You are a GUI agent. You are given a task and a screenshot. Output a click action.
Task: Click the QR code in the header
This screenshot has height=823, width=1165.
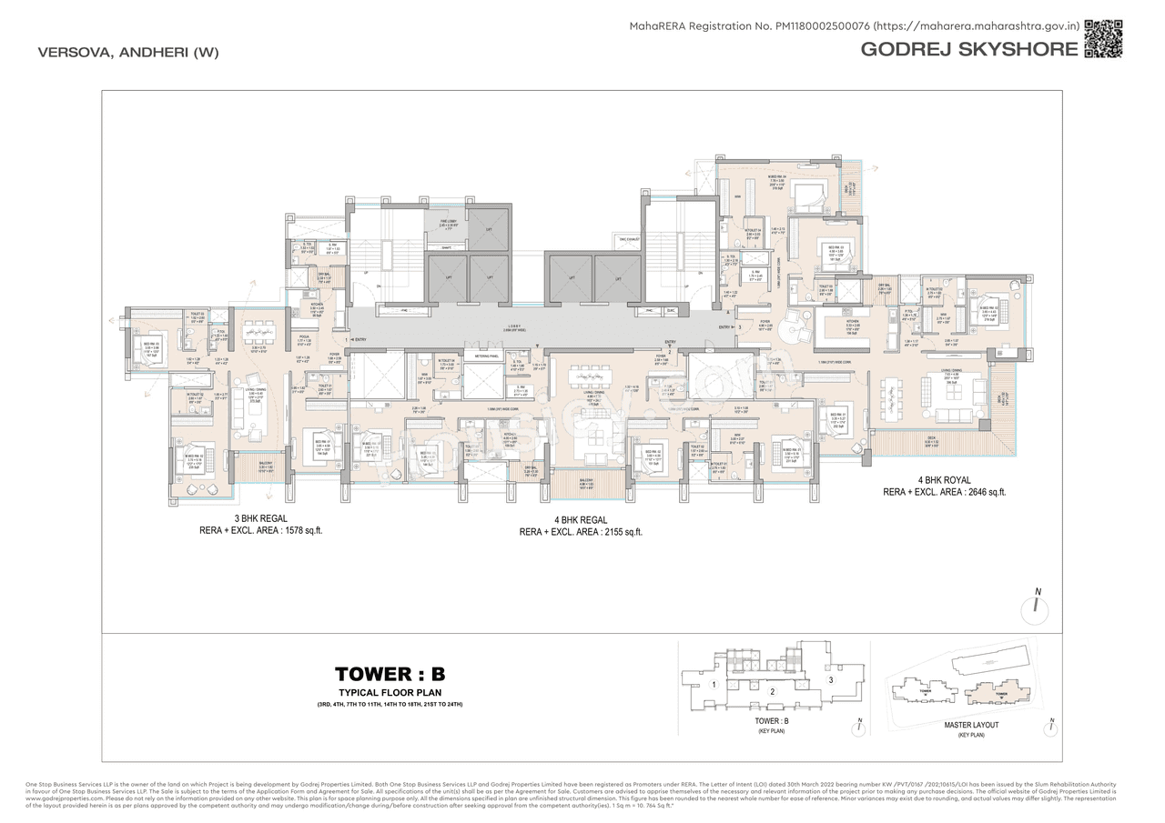[x=1103, y=37]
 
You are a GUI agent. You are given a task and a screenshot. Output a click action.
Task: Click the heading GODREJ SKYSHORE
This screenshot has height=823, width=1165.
[x=968, y=49]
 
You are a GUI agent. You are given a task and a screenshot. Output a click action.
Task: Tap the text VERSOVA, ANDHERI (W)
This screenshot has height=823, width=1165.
[x=128, y=52]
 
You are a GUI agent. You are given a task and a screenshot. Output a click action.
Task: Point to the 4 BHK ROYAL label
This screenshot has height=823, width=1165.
[x=944, y=479]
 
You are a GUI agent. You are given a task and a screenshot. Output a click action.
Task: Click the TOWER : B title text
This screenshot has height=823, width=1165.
[x=390, y=674]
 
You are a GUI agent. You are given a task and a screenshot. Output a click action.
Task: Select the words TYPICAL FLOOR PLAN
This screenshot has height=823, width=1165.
[x=390, y=693]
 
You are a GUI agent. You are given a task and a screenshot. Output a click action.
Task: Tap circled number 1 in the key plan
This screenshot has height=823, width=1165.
[x=715, y=684]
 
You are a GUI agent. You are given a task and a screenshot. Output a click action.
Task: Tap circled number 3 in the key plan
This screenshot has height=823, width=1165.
[x=829, y=679]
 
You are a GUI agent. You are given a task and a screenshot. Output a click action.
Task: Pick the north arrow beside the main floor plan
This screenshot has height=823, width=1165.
[x=1037, y=607]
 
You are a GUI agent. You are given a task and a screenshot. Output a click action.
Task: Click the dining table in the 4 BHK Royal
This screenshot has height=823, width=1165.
[x=893, y=394]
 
